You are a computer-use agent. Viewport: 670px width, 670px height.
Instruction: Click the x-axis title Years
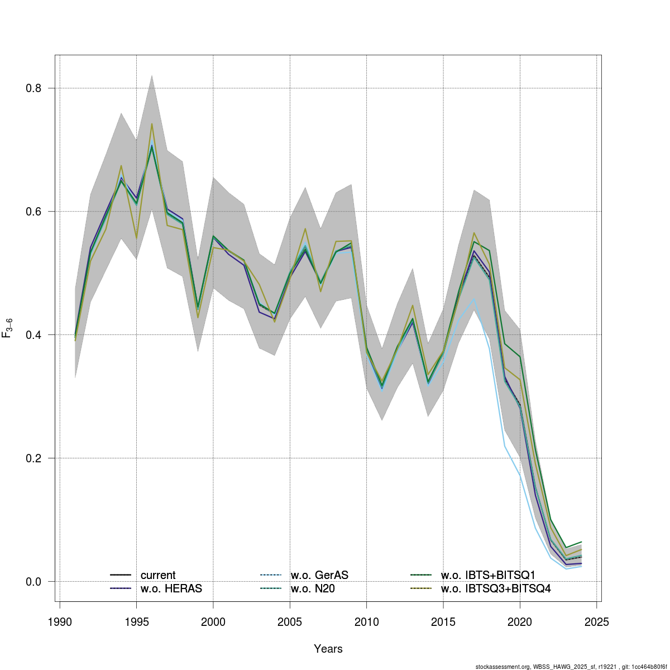(x=328, y=649)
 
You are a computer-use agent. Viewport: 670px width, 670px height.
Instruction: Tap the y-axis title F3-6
(x=8, y=327)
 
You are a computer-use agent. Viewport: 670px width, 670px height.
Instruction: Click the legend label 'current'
(x=158, y=575)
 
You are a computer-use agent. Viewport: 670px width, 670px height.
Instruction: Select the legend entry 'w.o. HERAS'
(x=171, y=588)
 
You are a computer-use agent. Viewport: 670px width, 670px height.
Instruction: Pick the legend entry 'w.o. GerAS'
(x=319, y=575)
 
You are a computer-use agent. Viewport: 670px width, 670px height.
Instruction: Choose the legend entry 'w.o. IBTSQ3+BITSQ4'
(x=496, y=588)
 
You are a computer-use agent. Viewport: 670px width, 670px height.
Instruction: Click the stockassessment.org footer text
(x=572, y=667)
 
